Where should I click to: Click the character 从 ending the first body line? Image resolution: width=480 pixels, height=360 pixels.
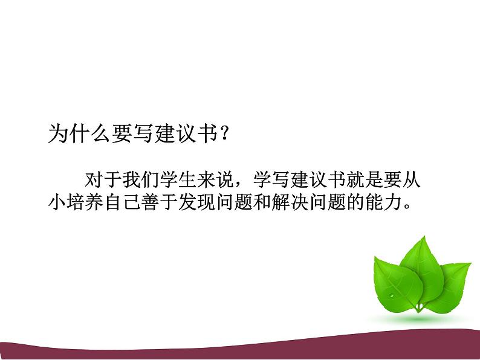(414, 181)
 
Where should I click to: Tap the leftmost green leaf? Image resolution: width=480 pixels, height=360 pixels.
(393, 284)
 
